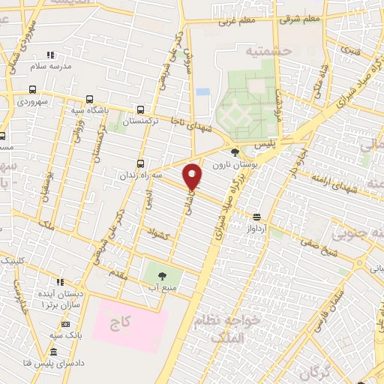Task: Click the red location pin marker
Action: [x=193, y=176]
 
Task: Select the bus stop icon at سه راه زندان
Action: [x=140, y=164]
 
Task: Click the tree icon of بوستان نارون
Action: [x=235, y=152]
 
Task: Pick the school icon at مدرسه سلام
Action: [x=50, y=55]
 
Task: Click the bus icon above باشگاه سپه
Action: [x=89, y=99]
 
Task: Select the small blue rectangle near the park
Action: [x=202, y=91]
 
